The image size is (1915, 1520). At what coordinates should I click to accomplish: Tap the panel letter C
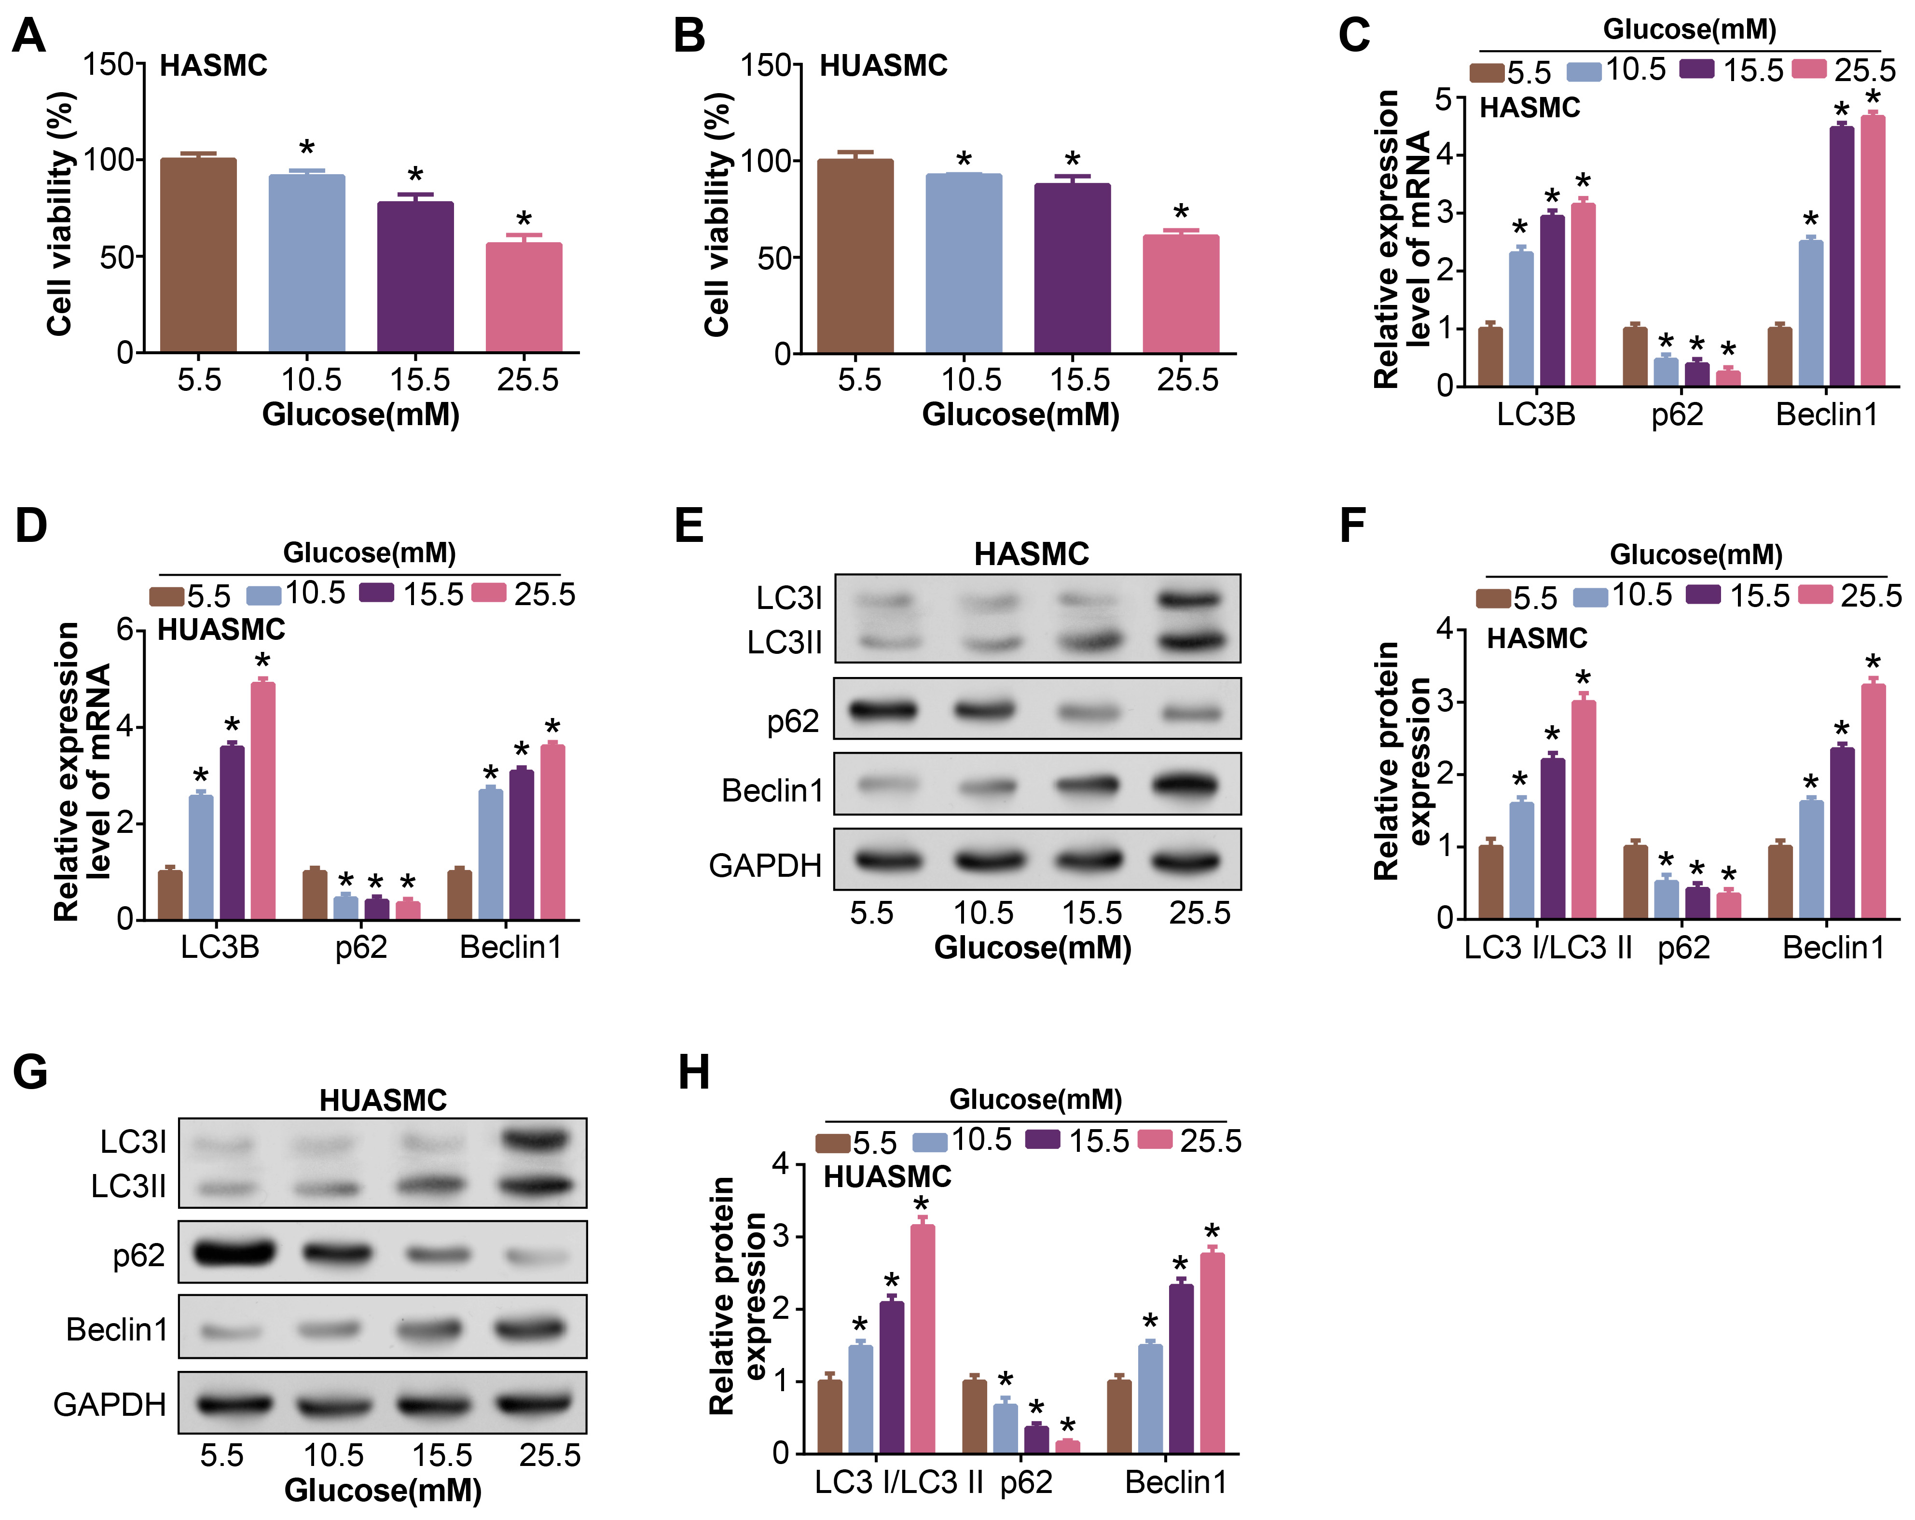(x=1354, y=36)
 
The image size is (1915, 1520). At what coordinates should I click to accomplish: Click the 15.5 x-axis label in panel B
(x=1080, y=380)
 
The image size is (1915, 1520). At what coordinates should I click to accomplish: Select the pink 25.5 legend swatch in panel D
(x=488, y=593)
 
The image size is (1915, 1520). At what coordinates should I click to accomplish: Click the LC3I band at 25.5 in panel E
(x=1190, y=600)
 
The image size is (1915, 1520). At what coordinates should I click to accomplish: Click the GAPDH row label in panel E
(x=765, y=864)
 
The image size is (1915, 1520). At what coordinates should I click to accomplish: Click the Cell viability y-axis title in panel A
(x=60, y=213)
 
